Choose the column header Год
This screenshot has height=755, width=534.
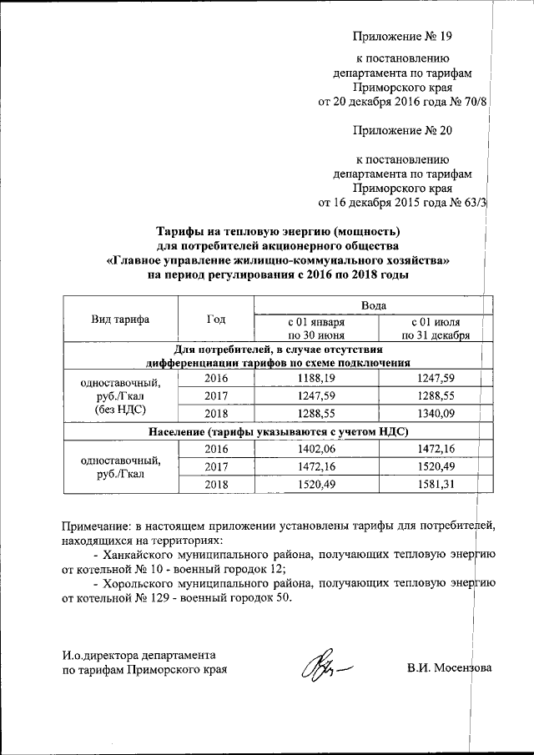[x=215, y=319]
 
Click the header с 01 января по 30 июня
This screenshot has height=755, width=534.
[x=316, y=328]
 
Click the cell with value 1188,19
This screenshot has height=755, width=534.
[x=316, y=379]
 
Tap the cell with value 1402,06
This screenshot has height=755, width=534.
[x=316, y=449]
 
